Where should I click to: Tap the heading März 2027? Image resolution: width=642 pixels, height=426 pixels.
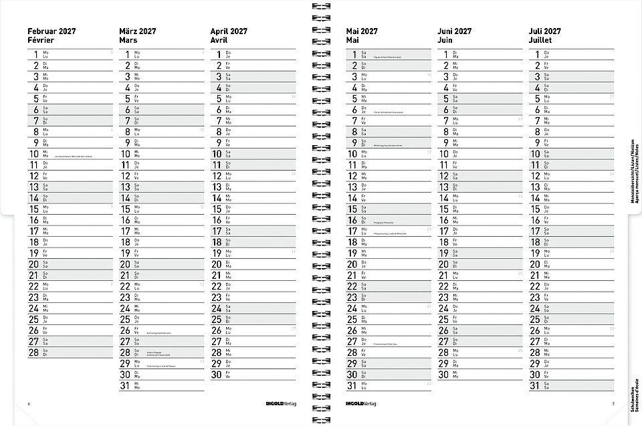(138, 31)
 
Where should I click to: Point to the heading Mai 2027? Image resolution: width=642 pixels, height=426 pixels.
(362, 31)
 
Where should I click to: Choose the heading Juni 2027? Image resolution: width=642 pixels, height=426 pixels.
(455, 31)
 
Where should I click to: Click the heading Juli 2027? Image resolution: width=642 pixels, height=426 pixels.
(545, 31)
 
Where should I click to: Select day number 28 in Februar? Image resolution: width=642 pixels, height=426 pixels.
(33, 352)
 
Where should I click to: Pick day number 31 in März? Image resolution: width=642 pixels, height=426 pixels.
(125, 385)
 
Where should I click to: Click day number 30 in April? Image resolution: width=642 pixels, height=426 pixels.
(216, 375)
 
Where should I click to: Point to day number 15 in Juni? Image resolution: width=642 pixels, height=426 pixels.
(444, 208)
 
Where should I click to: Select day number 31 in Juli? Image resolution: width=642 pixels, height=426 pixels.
(534, 385)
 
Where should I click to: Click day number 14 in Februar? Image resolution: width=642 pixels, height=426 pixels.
(33, 197)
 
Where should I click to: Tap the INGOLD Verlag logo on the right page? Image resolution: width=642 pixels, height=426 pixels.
(361, 404)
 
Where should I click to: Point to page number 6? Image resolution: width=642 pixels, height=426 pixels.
(29, 404)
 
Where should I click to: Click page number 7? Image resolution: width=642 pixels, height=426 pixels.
(613, 404)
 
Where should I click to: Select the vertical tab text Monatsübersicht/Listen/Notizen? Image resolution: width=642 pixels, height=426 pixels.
(632, 171)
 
